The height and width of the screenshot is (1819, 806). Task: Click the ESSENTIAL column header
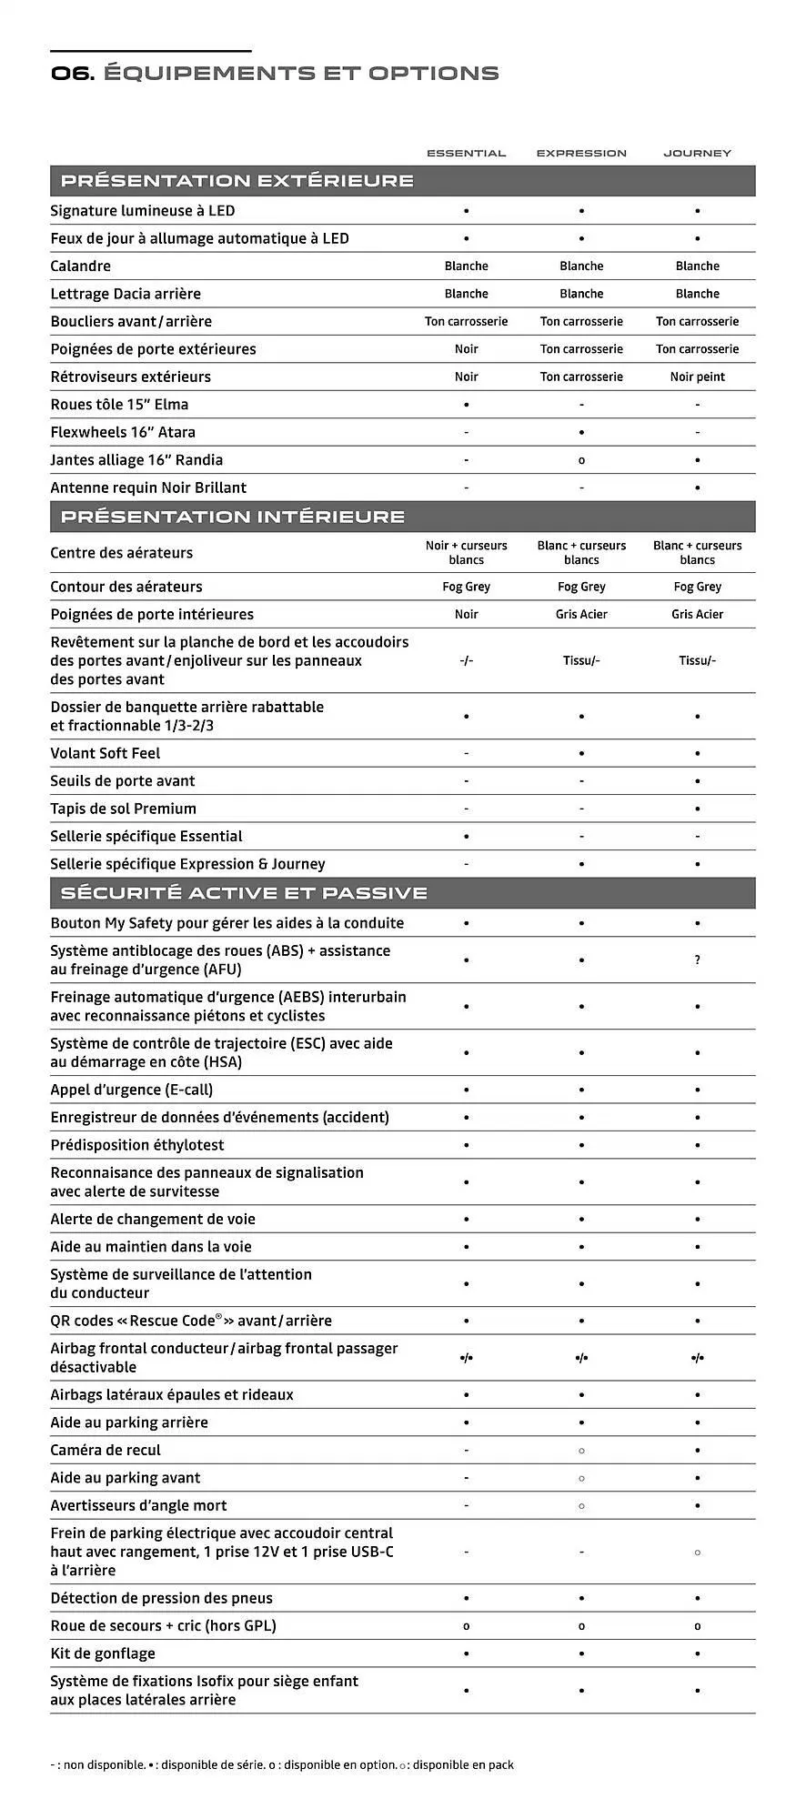466,153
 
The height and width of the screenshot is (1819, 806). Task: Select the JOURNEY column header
697,153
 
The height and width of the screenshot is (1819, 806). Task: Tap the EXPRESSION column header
581,153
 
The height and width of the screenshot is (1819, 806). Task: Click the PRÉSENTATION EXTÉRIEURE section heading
237,181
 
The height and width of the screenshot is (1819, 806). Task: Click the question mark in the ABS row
697,960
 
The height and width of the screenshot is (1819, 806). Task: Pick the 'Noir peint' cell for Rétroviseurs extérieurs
697,377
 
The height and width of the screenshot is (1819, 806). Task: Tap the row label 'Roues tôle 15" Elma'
119,405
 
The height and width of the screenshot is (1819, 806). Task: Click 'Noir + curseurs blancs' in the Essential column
466,553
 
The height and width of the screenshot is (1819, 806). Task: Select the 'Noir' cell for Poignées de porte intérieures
466,615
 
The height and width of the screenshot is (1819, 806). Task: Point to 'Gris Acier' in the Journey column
697,615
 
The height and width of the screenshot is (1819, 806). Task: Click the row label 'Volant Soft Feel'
105,754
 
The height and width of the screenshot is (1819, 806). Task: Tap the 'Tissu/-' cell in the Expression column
581,661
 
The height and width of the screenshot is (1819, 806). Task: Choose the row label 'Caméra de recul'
105,1451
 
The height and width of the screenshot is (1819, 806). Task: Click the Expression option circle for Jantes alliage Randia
581,460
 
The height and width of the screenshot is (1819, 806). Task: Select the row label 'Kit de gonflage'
103,1654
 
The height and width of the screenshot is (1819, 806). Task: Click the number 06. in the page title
72,74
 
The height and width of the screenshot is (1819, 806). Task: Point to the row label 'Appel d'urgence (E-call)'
131,1090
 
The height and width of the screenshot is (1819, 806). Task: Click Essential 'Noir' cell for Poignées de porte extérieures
466,349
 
